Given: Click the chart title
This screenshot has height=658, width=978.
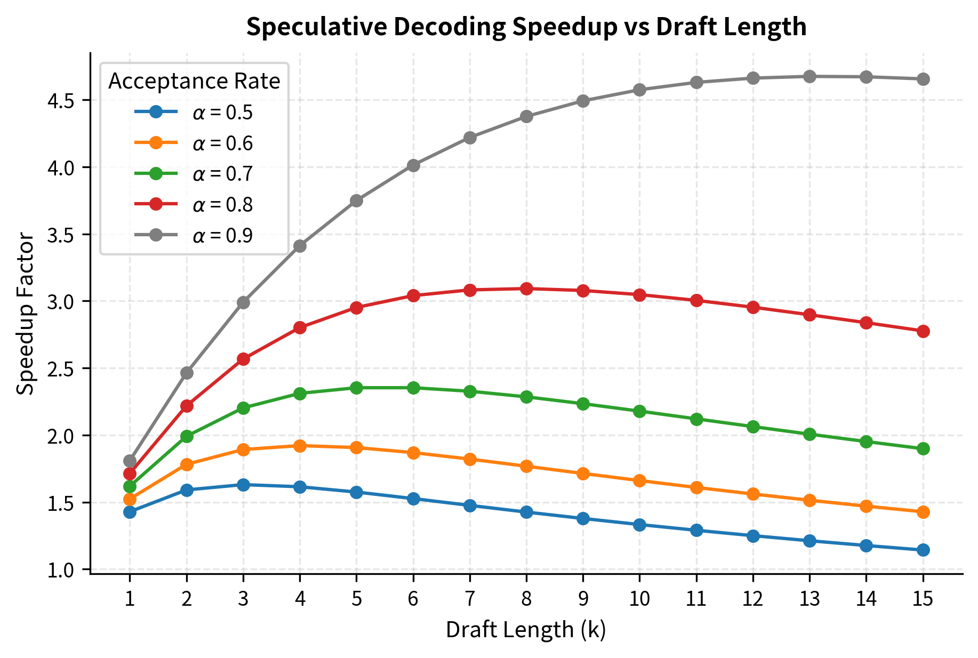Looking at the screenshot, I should point(526,27).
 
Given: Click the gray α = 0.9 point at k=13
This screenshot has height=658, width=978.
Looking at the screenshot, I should point(809,76).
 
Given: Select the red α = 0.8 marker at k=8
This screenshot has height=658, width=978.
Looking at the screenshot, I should point(526,288).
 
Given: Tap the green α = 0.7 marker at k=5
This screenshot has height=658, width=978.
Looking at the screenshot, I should point(356,388).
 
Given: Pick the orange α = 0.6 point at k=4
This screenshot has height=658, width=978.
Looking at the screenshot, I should point(300,446).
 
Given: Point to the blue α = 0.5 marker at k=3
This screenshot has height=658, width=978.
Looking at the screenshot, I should point(243,485).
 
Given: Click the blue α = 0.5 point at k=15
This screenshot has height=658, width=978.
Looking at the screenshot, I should point(923,550).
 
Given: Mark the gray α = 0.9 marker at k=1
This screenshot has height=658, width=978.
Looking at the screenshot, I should point(130,461).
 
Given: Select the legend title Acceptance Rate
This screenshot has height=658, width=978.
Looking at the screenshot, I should point(194,81).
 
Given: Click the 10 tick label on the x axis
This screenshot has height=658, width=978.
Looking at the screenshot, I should point(639,599).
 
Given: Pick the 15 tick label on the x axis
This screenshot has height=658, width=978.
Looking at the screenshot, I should point(923,599).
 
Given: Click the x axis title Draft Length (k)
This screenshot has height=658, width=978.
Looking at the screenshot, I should point(526,630).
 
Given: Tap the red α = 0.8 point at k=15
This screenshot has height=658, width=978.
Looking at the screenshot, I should point(923,331).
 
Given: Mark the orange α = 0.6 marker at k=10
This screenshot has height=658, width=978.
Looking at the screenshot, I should point(639,480).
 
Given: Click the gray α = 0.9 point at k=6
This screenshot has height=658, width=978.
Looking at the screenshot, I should point(413,165).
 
